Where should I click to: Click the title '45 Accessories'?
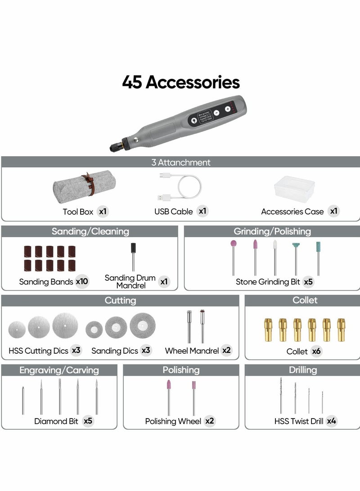pyautogui.click(x=180, y=82)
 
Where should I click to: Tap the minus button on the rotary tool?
pyautogui.click(x=216, y=113)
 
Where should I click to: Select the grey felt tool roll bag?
pyautogui.click(x=84, y=186)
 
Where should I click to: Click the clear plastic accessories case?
pyautogui.click(x=295, y=189)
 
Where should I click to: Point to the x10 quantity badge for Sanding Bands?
pyautogui.click(x=82, y=282)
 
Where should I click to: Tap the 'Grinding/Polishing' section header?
pyautogui.click(x=272, y=231)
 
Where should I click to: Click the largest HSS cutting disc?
pyautogui.click(x=65, y=325)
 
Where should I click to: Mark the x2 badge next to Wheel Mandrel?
pyautogui.click(x=226, y=351)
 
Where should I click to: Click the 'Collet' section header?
pyautogui.click(x=305, y=300)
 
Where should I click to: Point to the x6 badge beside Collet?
pyautogui.click(x=316, y=351)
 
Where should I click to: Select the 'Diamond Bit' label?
pyautogui.click(x=56, y=421)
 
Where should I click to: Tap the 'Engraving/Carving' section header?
pyautogui.click(x=59, y=370)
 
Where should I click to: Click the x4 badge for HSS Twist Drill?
pyautogui.click(x=332, y=421)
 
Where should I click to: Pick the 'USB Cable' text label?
pyautogui.click(x=173, y=212)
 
